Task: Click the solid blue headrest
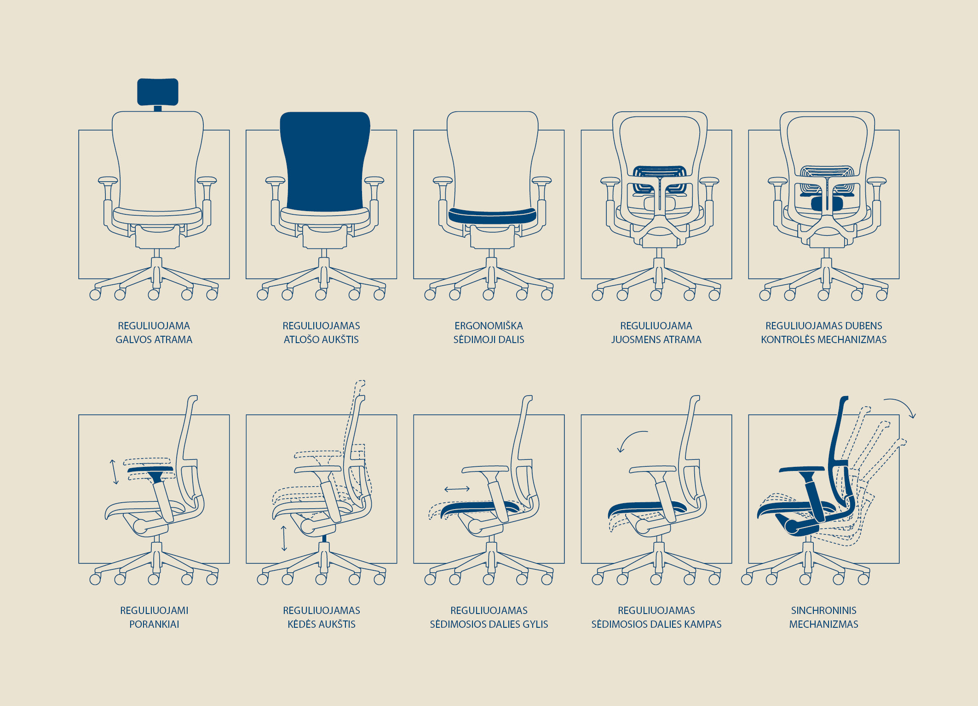(157, 92)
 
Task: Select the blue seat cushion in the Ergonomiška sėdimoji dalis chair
(492, 216)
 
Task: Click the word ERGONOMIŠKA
(489, 326)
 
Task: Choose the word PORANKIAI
(154, 625)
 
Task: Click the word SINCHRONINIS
(823, 611)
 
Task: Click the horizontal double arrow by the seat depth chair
(457, 489)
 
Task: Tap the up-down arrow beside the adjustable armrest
(114, 472)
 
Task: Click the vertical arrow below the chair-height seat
(284, 538)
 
